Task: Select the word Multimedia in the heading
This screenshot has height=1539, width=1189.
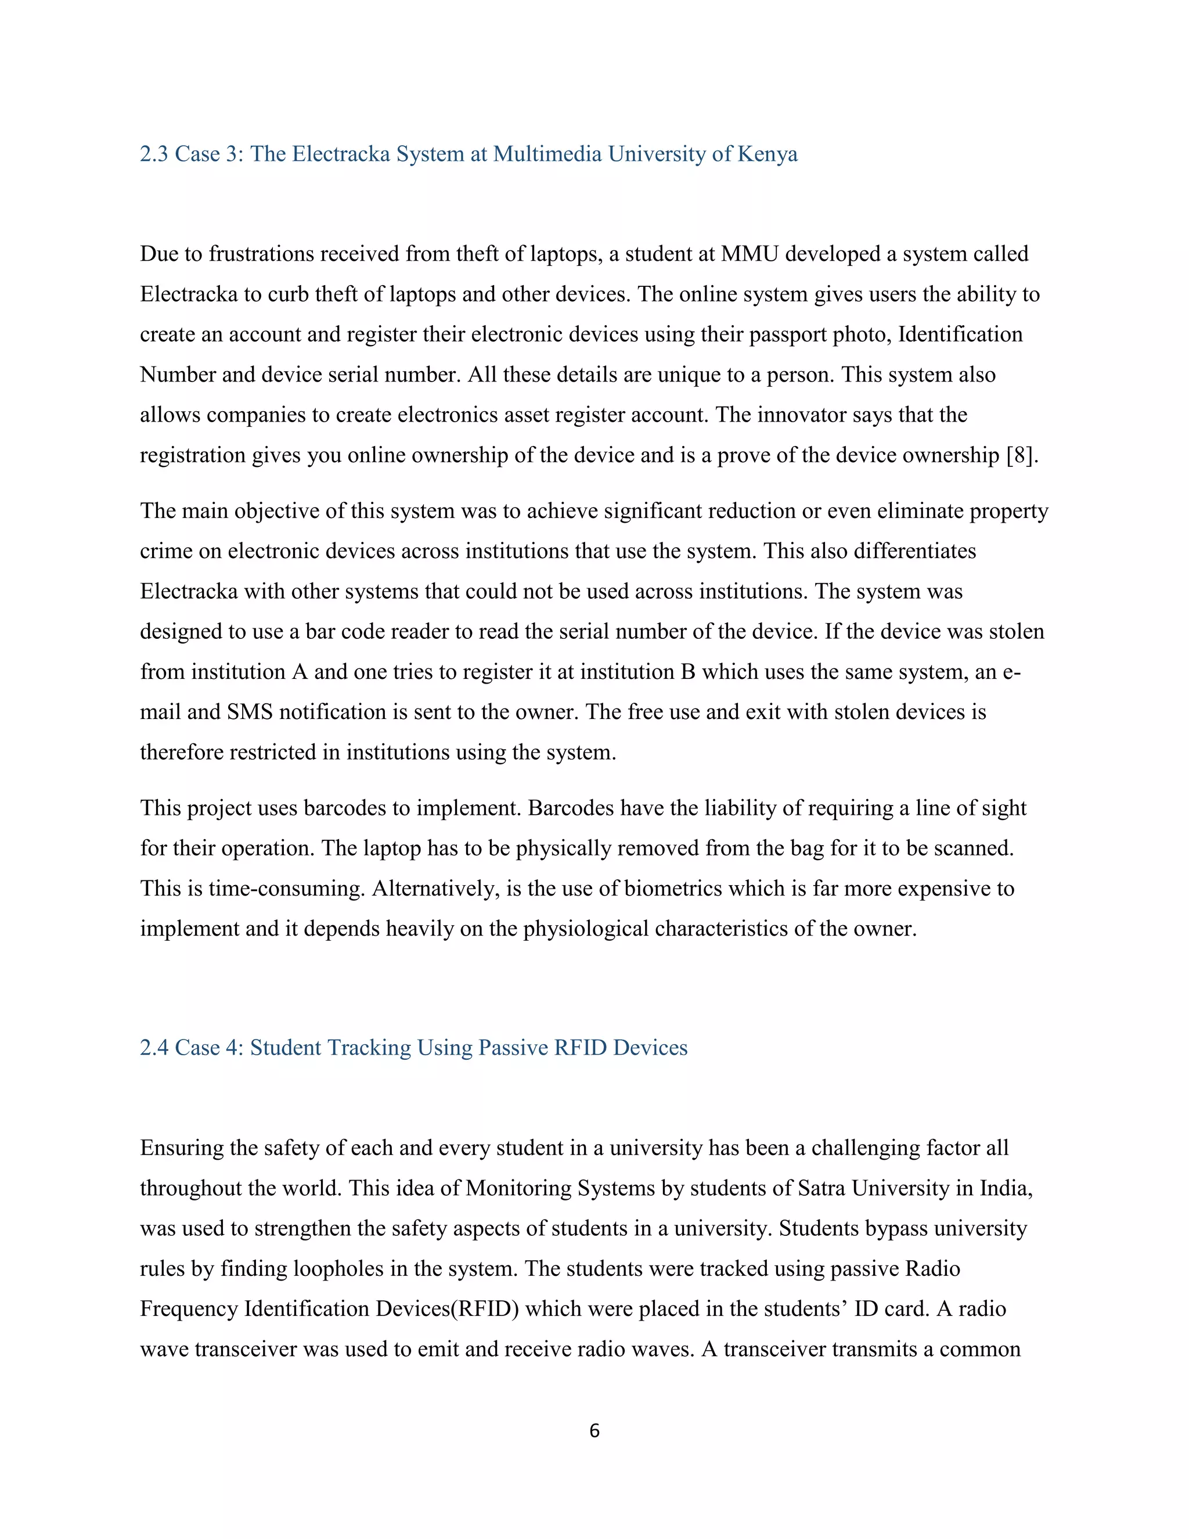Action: tap(546, 154)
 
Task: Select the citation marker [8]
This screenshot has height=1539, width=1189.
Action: tap(1021, 455)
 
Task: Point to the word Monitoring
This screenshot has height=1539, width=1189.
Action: tap(518, 1188)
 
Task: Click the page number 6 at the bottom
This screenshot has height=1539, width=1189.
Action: tap(594, 1430)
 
